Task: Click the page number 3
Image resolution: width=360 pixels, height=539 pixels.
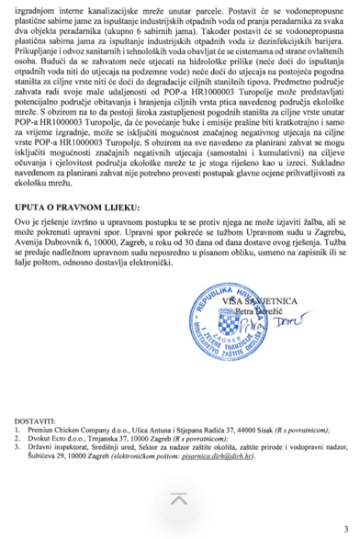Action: coord(344,529)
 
